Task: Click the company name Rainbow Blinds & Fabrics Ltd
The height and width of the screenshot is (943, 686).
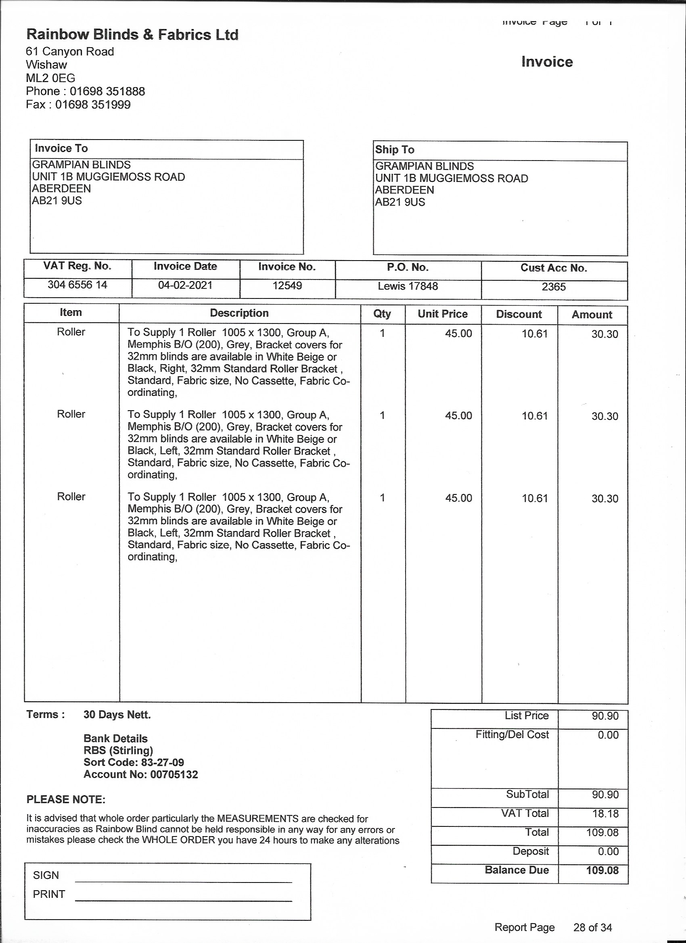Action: (132, 35)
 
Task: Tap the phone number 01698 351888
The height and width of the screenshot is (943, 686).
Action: (107, 92)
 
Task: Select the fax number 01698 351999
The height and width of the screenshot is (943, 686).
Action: (93, 105)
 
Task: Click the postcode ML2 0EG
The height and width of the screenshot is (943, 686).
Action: (50, 78)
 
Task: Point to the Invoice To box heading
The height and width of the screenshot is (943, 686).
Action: (61, 148)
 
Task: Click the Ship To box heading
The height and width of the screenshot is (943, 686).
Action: (394, 150)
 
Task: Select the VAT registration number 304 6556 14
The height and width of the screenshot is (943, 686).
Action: (77, 285)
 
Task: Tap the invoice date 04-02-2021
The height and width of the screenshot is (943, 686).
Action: (185, 285)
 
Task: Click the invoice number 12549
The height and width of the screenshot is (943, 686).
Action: (287, 286)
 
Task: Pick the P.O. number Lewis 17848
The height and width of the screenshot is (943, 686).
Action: (408, 286)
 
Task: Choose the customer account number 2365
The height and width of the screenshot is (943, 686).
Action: (553, 287)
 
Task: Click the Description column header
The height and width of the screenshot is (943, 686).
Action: (239, 313)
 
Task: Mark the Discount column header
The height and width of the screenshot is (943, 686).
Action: (519, 314)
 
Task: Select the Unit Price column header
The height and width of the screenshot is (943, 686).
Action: (443, 314)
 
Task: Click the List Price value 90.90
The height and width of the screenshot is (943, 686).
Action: (605, 716)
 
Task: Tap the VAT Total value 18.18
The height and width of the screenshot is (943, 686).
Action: (605, 814)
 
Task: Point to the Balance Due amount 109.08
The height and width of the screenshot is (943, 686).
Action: (602, 870)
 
